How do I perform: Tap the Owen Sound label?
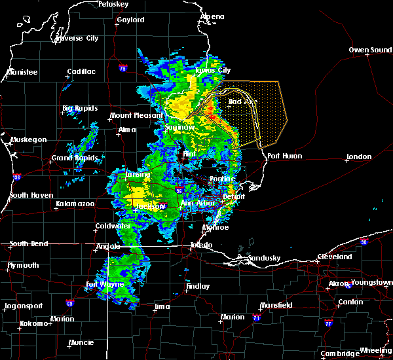coord(370,50)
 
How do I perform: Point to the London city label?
coord(359,156)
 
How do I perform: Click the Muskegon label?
coord(28,139)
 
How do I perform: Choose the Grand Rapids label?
coord(75,158)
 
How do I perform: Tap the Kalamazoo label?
coord(75,204)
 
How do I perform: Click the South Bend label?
coord(29,244)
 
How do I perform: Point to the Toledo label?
coord(200,245)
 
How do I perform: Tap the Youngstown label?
coord(370,283)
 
